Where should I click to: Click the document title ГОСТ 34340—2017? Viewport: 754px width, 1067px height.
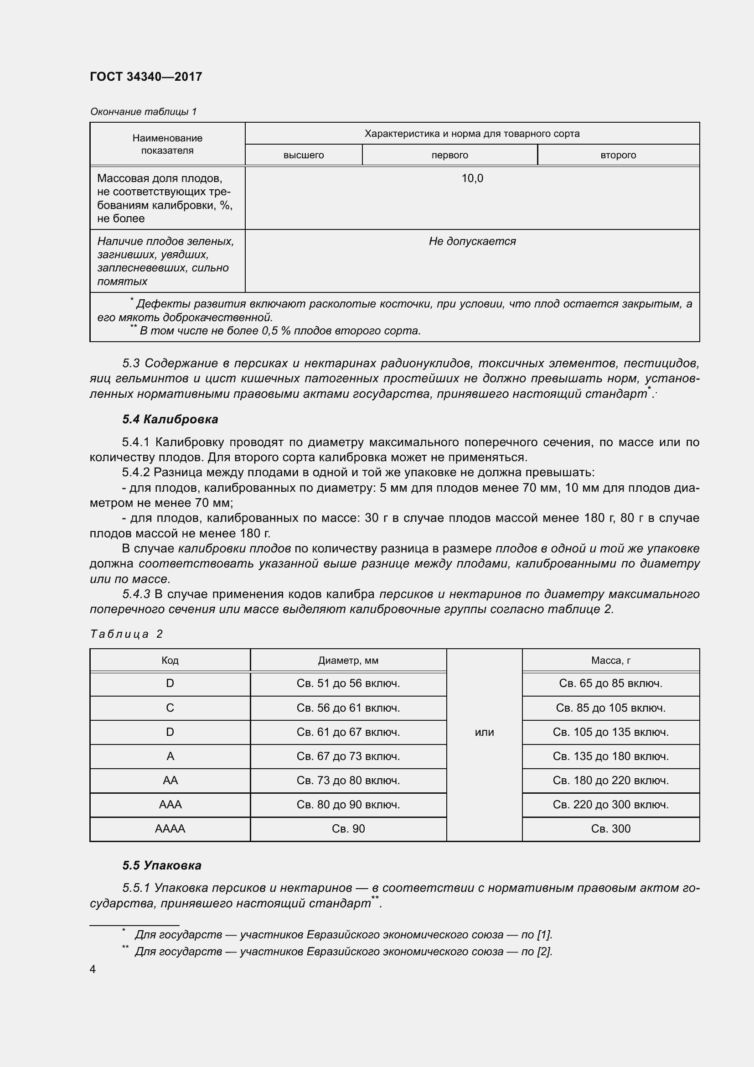146,77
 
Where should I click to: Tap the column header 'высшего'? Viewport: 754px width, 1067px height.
303,155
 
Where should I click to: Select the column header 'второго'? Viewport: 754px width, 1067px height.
618,155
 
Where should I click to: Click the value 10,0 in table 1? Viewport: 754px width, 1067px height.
472,178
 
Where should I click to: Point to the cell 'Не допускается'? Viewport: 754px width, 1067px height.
472,241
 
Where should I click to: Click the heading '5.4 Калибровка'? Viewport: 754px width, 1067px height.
170,419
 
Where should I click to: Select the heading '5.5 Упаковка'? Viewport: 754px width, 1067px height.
161,865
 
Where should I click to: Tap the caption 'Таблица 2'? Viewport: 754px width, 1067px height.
126,635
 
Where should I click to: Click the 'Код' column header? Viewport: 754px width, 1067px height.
170,661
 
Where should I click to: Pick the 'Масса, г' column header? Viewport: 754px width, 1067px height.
610,661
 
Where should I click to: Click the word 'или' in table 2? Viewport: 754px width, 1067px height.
484,733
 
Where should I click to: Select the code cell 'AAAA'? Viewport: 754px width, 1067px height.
170,829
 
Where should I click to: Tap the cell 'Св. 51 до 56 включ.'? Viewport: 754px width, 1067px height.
348,684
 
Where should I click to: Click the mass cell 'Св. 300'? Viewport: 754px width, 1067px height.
610,829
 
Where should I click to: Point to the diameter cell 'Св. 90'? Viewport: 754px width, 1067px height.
348,829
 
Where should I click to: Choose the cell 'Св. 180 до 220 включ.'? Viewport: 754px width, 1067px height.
610,781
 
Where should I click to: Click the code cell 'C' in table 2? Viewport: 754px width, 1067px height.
170,708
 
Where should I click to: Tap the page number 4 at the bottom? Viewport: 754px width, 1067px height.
93,969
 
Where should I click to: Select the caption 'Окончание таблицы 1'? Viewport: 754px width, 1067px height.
144,111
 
